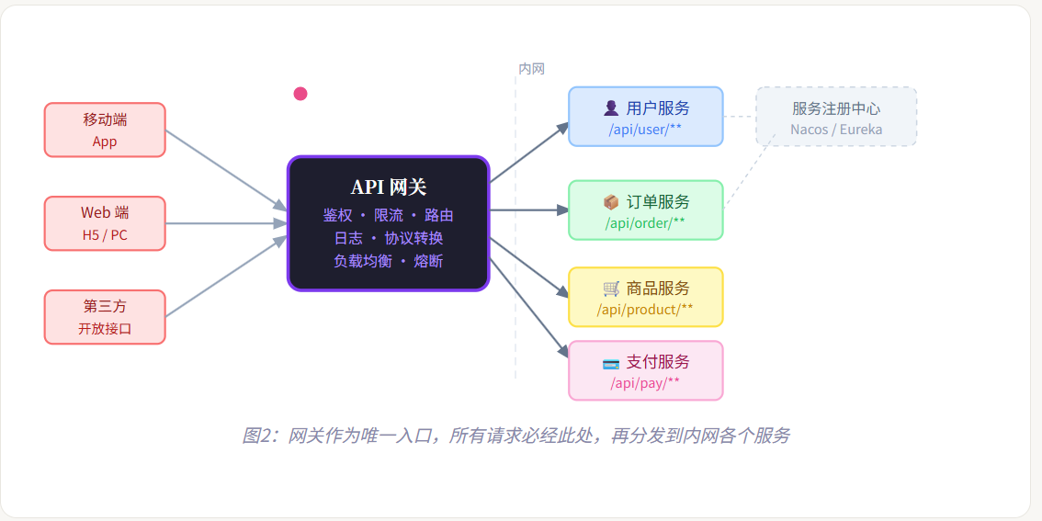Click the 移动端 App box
(x=105, y=130)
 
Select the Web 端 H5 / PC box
(x=105, y=223)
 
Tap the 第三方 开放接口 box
(x=105, y=317)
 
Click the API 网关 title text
(x=389, y=187)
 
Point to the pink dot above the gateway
(x=300, y=94)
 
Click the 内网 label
(x=532, y=69)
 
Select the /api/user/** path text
(x=645, y=129)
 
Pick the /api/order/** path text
(x=645, y=222)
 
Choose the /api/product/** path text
(x=645, y=309)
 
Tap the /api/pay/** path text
(x=645, y=382)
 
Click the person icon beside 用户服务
(x=611, y=108)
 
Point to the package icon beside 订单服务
(x=611, y=201)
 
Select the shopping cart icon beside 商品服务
(x=611, y=288)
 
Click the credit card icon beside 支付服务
(x=611, y=362)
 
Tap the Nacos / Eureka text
(x=836, y=130)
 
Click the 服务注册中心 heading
(x=836, y=108)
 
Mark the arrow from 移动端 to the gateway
(x=226, y=170)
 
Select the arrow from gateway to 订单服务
(x=528, y=210)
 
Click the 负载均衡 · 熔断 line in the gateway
(x=389, y=261)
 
